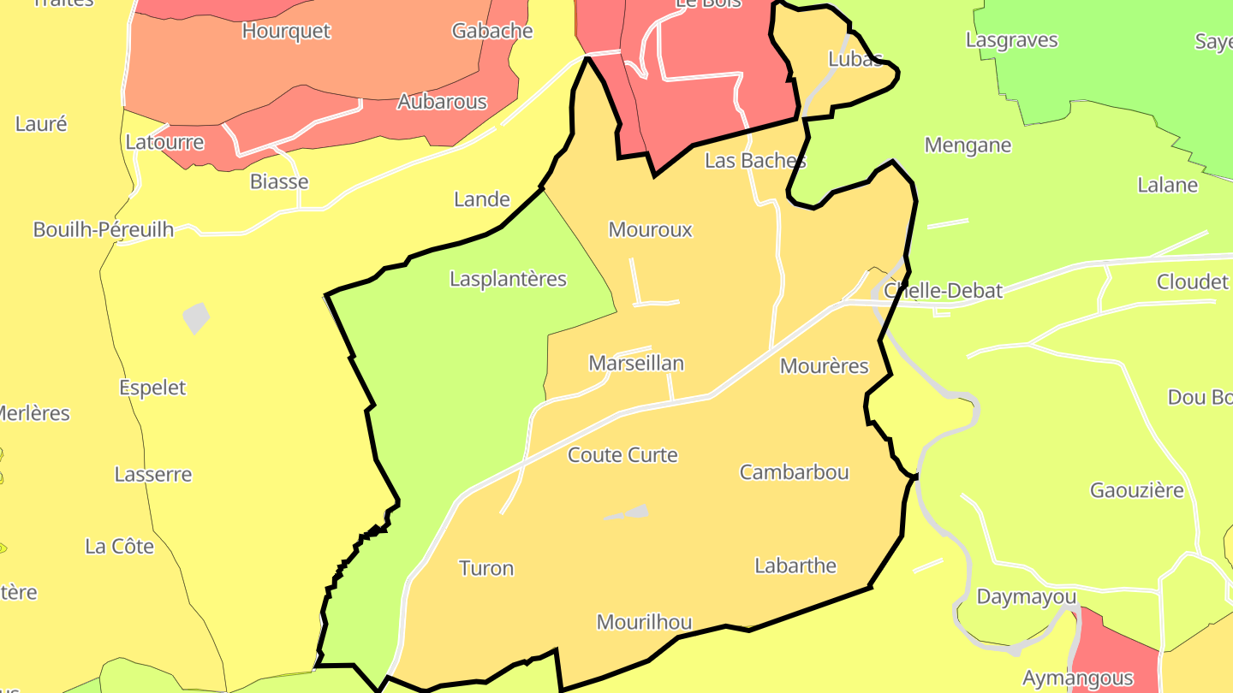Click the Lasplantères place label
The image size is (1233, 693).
pos(508,279)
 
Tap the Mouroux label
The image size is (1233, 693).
pos(650,229)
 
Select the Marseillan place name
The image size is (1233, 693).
pos(636,363)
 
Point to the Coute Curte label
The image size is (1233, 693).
pos(622,454)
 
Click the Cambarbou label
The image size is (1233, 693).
pos(794,471)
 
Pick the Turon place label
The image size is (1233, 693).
pos(485,568)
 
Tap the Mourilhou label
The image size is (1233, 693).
pos(644,622)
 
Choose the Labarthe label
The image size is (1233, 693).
pos(795,566)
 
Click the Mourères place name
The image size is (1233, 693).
pos(824,366)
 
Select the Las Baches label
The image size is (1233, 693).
pos(755,160)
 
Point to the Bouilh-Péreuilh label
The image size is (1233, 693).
pos(103,229)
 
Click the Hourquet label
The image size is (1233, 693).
pos(286,31)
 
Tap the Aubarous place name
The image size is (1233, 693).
pos(442,102)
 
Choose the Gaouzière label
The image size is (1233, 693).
pos(1136,490)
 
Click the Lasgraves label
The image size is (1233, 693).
pos(1011,40)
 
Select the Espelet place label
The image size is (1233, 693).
pos(152,388)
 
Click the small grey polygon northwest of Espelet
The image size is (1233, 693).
pos(196,317)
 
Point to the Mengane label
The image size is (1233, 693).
pos(968,145)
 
